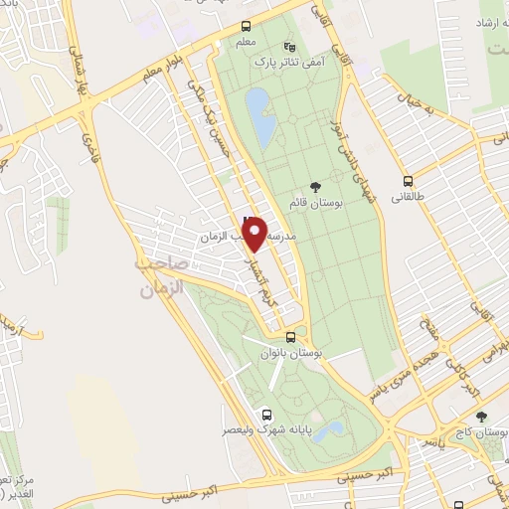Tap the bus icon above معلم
pyautogui.click(x=246, y=29)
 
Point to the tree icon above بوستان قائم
pyautogui.click(x=316, y=186)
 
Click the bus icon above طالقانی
pyautogui.click(x=408, y=181)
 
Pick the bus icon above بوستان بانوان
pyautogui.click(x=289, y=338)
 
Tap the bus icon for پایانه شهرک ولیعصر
pyautogui.click(x=265, y=416)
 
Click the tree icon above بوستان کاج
pyautogui.click(x=481, y=418)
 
